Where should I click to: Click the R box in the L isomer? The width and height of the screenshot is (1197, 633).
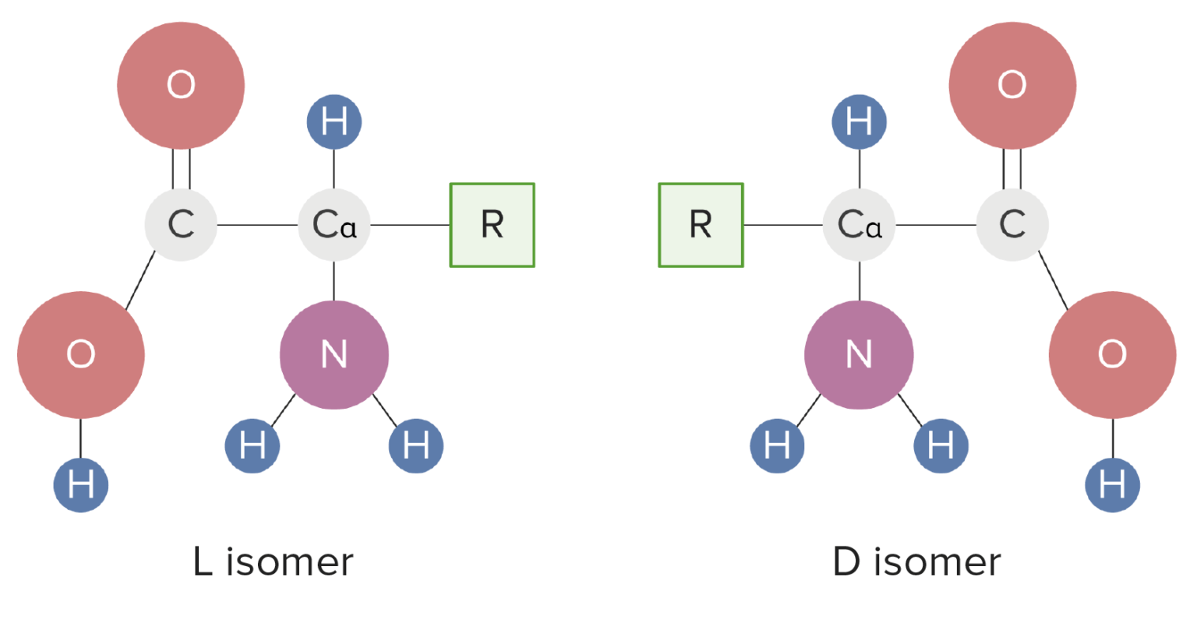(x=492, y=225)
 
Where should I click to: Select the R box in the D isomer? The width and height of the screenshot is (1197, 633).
(x=701, y=225)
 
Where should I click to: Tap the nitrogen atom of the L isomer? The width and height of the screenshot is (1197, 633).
(x=334, y=355)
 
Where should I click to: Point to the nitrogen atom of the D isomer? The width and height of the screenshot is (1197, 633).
(x=859, y=355)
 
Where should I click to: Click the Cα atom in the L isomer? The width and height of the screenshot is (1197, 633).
(x=334, y=225)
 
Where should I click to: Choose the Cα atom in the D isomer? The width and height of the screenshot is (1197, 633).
(x=859, y=225)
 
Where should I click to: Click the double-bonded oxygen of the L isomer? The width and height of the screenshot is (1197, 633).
(x=181, y=85)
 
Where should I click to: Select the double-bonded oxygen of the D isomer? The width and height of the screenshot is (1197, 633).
(x=1012, y=85)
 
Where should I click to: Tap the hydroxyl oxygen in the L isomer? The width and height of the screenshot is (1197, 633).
(x=81, y=355)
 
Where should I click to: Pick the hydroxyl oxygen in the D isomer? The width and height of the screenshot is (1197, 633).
(x=1112, y=355)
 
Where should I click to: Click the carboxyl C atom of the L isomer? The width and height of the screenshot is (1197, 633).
(x=181, y=225)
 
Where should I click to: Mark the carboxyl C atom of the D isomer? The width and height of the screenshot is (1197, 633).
(x=1012, y=225)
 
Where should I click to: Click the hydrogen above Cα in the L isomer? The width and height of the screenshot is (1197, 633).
(x=334, y=122)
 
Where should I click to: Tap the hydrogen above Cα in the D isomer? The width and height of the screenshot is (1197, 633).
(x=859, y=122)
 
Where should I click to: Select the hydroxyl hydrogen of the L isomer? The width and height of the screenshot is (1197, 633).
(x=81, y=485)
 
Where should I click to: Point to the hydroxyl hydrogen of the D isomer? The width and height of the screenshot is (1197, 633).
(x=1112, y=485)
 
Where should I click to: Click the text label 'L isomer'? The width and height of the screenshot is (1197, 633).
(x=273, y=562)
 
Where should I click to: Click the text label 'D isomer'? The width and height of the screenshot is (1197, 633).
(x=916, y=562)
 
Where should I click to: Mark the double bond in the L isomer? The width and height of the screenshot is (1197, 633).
(x=181, y=169)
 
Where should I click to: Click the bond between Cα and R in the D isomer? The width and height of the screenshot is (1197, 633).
(x=783, y=225)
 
